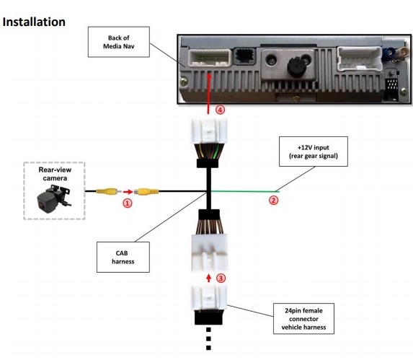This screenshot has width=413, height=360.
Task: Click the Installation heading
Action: [x=34, y=22]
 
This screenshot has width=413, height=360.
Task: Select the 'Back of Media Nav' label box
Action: [x=119, y=42]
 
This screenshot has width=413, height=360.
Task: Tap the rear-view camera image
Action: [x=55, y=198]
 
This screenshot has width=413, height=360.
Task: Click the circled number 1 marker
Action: [x=128, y=203]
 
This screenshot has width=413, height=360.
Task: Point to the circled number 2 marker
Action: [x=273, y=201]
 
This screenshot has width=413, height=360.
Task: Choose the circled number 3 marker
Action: [x=221, y=278]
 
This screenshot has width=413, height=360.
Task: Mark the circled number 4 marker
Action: [x=221, y=110]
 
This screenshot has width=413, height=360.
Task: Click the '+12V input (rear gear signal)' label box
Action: [x=314, y=152]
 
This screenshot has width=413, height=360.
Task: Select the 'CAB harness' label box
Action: [x=123, y=258]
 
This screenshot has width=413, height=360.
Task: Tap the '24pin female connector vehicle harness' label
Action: [x=303, y=319]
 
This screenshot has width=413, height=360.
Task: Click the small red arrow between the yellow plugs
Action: [x=128, y=192]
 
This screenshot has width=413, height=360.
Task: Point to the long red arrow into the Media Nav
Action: [x=209, y=94]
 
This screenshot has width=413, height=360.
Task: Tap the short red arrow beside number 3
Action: [x=209, y=278]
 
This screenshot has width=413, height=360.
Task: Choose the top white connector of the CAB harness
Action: [x=209, y=131]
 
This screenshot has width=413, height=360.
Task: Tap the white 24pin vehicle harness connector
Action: [x=209, y=298]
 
